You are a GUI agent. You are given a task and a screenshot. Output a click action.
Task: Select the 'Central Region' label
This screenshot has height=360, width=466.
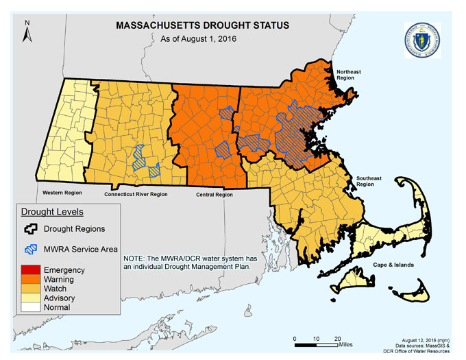[x=214, y=195]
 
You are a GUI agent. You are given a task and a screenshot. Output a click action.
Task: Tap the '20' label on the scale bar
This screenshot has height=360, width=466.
[x=337, y=339]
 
